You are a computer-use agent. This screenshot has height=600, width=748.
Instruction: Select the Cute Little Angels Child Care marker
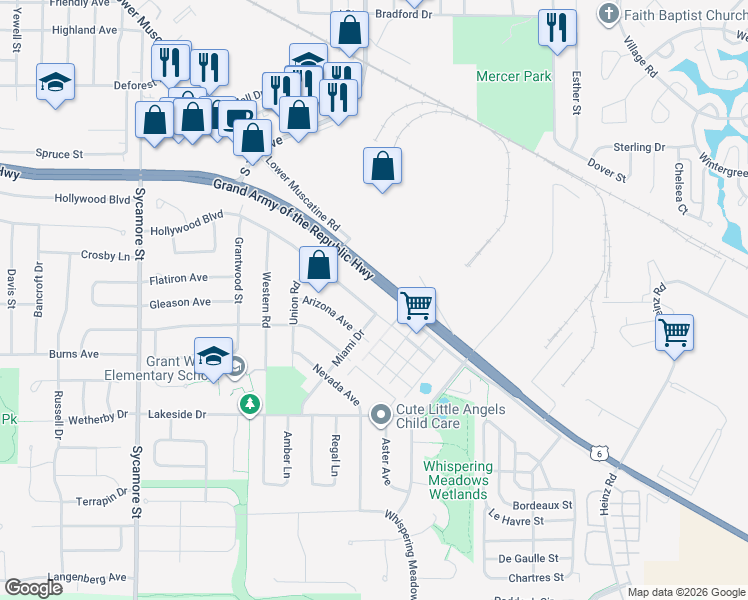pyautogui.click(x=380, y=414)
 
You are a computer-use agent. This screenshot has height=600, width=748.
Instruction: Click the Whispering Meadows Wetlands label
pyautogui.click(x=458, y=480)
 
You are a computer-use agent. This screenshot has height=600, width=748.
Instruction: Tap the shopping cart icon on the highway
pyautogui.click(x=416, y=306)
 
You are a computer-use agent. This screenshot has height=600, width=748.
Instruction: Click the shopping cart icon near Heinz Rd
pyautogui.click(x=675, y=331)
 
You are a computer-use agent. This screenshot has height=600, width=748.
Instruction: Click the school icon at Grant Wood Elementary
pyautogui.click(x=214, y=355)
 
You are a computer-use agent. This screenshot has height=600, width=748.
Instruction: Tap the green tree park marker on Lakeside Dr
pyautogui.click(x=249, y=405)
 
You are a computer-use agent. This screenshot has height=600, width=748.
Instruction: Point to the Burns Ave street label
pyautogui.click(x=74, y=354)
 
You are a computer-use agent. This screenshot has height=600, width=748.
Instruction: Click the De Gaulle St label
pyautogui.click(x=528, y=558)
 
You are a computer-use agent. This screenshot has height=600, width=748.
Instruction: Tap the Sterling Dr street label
pyautogui.click(x=639, y=147)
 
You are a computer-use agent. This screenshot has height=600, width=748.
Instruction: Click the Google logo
pyautogui.click(x=33, y=588)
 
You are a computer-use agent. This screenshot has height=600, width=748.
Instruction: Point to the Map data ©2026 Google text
pyautogui.click(x=686, y=592)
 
